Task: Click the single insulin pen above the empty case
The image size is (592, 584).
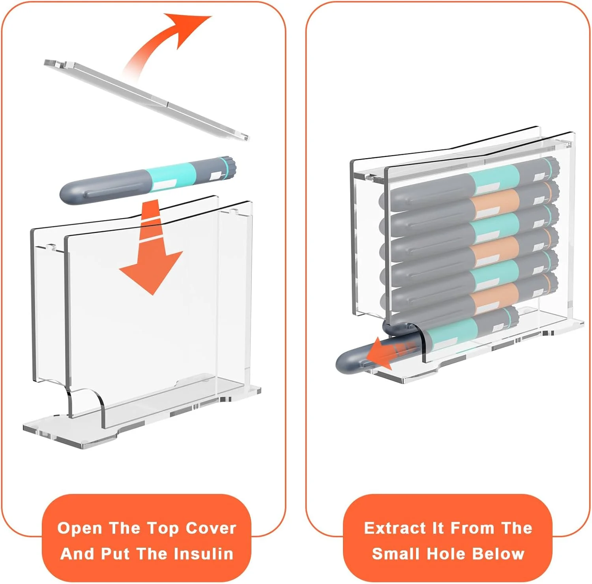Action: point(148,180)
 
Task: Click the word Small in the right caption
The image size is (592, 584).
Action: point(397,554)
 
